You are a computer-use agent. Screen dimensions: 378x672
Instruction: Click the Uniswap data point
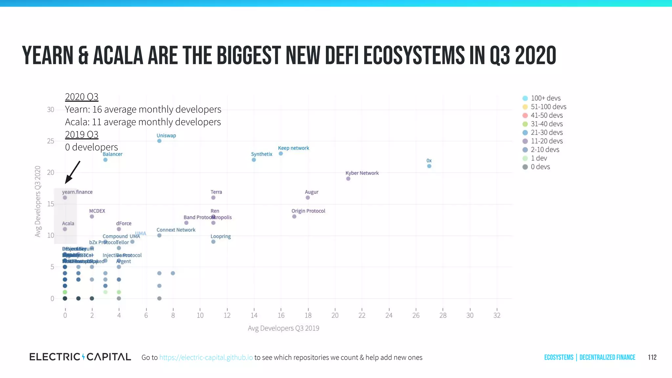pos(159,141)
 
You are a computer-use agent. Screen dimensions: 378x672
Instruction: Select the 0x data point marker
pos(429,166)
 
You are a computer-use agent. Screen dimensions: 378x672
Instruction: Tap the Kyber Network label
pos(362,173)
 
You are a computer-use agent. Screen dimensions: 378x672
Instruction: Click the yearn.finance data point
pos(65,198)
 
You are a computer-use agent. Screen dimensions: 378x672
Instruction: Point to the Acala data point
pos(65,229)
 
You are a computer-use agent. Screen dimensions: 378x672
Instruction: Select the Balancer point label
pos(112,154)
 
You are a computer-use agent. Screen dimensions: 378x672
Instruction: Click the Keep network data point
pos(281,154)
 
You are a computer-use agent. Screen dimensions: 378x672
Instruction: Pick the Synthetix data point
pos(254,160)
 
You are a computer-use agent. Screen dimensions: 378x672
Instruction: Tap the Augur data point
pos(307,198)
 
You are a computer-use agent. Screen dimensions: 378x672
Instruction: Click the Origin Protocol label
pos(308,211)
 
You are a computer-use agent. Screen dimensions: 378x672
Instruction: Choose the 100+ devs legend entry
pos(545,98)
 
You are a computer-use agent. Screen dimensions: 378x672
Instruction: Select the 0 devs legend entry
pos(540,167)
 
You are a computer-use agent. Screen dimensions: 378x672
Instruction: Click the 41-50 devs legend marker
pos(525,115)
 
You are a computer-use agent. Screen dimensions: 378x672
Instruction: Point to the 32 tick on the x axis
pos(497,315)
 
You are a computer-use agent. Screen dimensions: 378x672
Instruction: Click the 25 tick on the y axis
pos(51,141)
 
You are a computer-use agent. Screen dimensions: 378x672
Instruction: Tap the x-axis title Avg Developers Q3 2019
pos(283,328)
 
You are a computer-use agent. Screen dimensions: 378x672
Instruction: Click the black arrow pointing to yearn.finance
pos(73,172)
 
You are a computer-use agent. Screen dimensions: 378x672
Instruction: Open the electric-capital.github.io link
pos(206,357)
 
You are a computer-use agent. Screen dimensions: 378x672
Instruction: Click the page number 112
pos(652,357)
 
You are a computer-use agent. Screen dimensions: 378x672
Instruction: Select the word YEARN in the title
pos(48,55)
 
